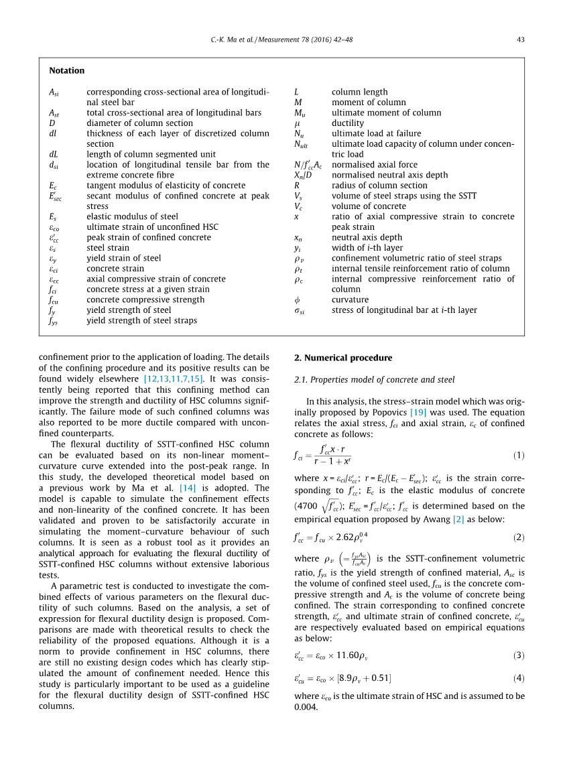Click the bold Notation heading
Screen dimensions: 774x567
click(67, 70)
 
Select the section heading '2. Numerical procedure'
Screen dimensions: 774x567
click(343, 358)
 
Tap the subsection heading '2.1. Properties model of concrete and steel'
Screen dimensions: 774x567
click(374, 380)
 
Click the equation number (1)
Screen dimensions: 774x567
click(519, 456)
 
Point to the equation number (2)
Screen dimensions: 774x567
click(519, 537)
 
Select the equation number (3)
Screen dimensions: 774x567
click(519, 655)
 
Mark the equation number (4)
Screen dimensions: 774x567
click(519, 678)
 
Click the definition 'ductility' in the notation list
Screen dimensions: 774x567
click(348, 123)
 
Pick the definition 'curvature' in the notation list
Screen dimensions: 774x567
click(350, 300)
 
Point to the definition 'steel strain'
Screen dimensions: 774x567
click(108, 248)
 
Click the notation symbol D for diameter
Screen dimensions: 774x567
click(52, 123)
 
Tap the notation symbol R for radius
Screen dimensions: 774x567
click(296, 186)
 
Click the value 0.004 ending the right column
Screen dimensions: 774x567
click(305, 706)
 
